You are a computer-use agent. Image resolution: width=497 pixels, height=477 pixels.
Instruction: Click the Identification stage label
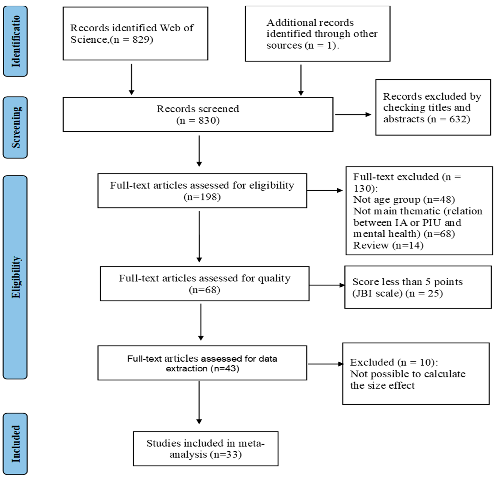click(15, 41)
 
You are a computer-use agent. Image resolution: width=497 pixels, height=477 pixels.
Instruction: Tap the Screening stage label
click(15, 127)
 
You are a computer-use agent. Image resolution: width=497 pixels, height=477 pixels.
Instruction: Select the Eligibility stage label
click(15, 277)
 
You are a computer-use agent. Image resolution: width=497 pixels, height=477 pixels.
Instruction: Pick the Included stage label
click(15, 444)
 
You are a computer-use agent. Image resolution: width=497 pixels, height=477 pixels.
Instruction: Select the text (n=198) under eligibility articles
click(202, 197)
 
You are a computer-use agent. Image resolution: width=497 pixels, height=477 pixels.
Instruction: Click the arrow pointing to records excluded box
click(353, 114)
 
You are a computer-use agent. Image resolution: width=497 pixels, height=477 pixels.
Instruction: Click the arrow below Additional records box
click(301, 80)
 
